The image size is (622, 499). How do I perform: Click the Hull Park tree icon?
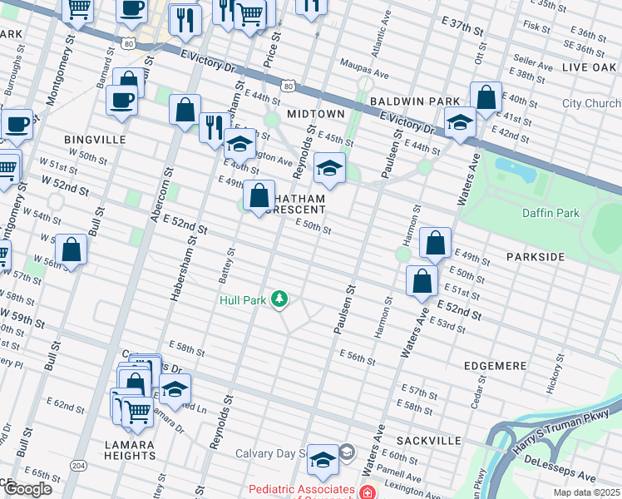[281, 299]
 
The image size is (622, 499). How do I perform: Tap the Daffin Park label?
[550, 213]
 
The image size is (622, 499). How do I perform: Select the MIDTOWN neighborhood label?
[315, 113]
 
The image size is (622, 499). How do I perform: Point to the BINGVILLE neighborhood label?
[94, 140]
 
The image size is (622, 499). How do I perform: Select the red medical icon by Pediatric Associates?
[366, 492]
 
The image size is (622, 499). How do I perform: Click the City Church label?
[590, 104]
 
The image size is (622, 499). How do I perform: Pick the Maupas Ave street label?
[363, 74]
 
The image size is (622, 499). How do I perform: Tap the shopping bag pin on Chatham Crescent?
[259, 197]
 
